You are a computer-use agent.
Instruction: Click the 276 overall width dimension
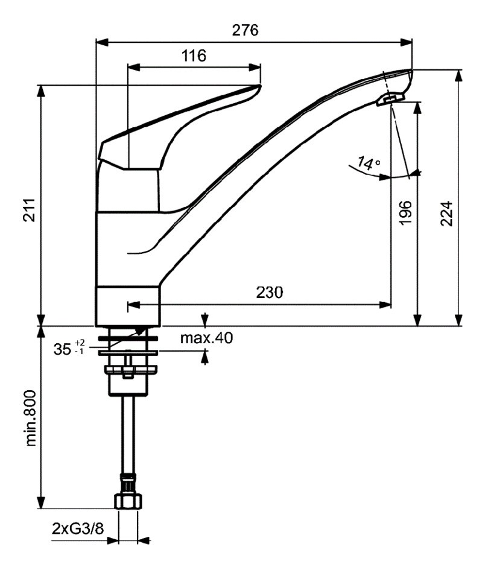(245, 30)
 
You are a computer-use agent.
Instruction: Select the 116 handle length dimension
(194, 55)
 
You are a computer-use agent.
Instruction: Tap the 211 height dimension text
(29, 210)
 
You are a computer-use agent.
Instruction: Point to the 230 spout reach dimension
(269, 293)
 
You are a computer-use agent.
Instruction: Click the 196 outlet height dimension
(405, 212)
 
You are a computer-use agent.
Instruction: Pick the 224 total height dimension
(446, 214)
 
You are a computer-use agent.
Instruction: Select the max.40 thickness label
(206, 338)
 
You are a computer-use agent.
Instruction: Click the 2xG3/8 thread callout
(78, 528)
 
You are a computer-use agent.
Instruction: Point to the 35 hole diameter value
(62, 349)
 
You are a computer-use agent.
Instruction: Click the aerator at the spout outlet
(390, 99)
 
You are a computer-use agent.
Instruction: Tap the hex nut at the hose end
(128, 501)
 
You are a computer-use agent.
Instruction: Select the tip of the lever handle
(260, 86)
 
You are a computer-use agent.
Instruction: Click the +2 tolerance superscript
(80, 343)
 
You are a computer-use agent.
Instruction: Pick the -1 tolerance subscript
(79, 352)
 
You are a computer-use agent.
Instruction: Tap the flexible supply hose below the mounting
(128, 435)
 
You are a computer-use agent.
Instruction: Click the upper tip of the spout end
(411, 70)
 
